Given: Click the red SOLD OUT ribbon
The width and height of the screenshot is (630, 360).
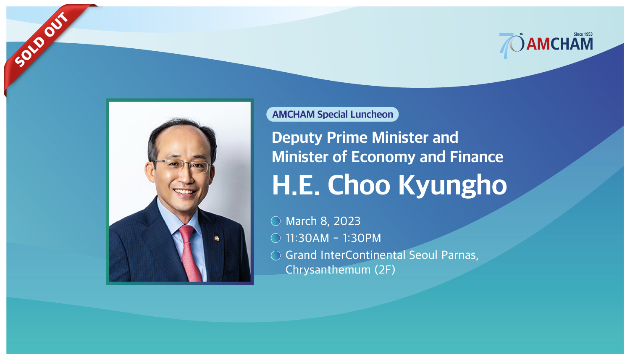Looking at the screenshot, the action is (x=42, y=39).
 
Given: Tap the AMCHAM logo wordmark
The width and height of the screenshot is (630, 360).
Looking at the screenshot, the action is (x=560, y=45).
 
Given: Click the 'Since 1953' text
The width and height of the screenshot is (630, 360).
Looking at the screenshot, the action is (x=583, y=34).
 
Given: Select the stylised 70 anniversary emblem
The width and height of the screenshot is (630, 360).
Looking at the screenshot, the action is (x=511, y=45).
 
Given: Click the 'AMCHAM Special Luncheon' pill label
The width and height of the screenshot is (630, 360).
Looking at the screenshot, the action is (x=333, y=114).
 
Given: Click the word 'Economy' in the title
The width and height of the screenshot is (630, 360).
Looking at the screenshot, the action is (x=383, y=157).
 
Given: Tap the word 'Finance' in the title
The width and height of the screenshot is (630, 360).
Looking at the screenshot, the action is (x=476, y=157).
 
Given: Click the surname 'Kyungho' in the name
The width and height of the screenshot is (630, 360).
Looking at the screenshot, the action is (x=453, y=186).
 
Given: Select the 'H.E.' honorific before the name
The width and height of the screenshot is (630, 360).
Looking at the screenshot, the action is (x=296, y=185).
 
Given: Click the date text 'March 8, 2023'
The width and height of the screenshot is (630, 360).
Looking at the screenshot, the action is (x=323, y=221).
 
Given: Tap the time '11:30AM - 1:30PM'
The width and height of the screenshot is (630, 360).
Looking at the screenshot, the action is (x=333, y=238).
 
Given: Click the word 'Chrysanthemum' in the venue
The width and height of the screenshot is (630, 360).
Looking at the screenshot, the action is (x=328, y=270).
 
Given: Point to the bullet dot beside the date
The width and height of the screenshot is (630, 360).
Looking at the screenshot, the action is (x=276, y=221).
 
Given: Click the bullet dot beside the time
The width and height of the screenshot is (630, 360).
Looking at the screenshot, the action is (x=276, y=238).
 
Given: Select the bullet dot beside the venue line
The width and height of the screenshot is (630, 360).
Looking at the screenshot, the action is (x=276, y=255).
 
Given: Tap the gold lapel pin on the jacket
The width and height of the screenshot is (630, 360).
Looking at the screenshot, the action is (x=217, y=239).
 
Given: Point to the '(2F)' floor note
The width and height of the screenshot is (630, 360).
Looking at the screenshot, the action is (x=385, y=270).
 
